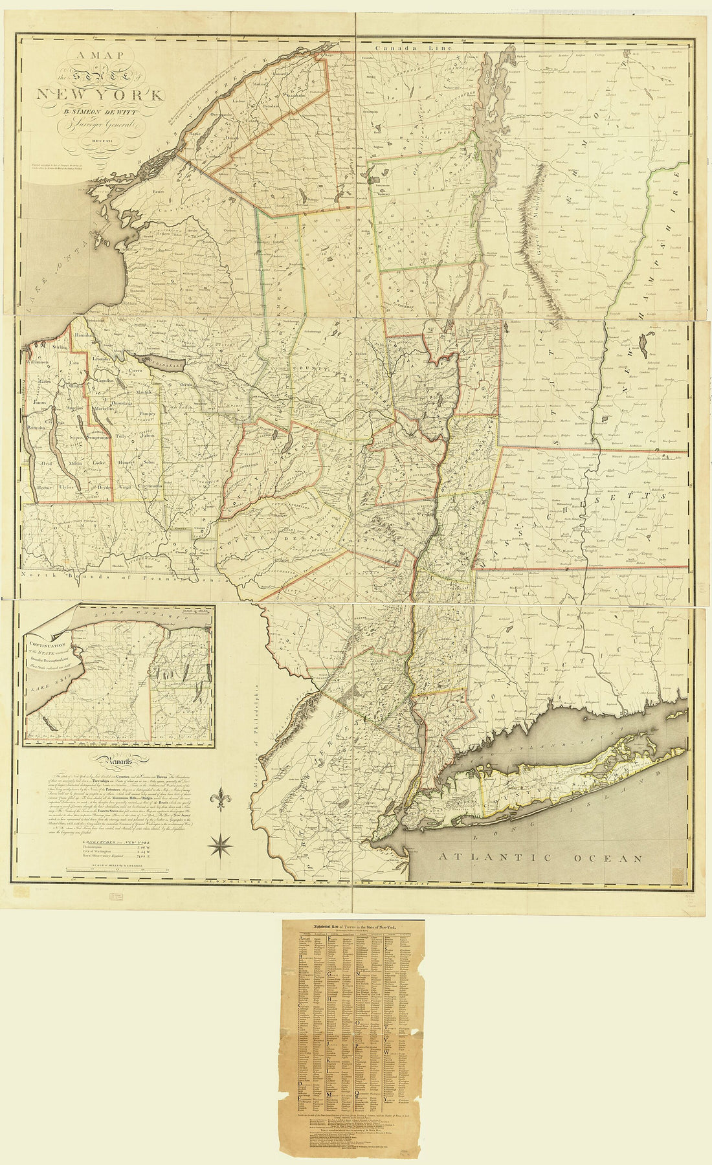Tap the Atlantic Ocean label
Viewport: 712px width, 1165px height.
[540, 858]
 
